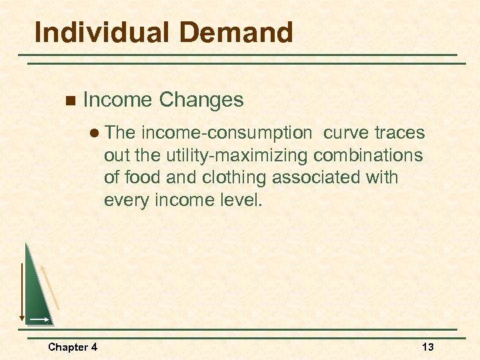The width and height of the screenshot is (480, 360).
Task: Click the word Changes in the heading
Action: pyautogui.click(x=201, y=100)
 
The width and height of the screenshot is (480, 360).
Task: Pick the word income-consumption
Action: pyautogui.click(x=227, y=133)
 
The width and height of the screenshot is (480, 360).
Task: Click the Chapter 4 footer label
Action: pyautogui.click(x=73, y=347)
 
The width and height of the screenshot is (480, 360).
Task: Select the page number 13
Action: pyautogui.click(x=427, y=347)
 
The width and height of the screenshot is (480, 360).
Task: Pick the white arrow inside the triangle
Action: pyautogui.click(x=39, y=320)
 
